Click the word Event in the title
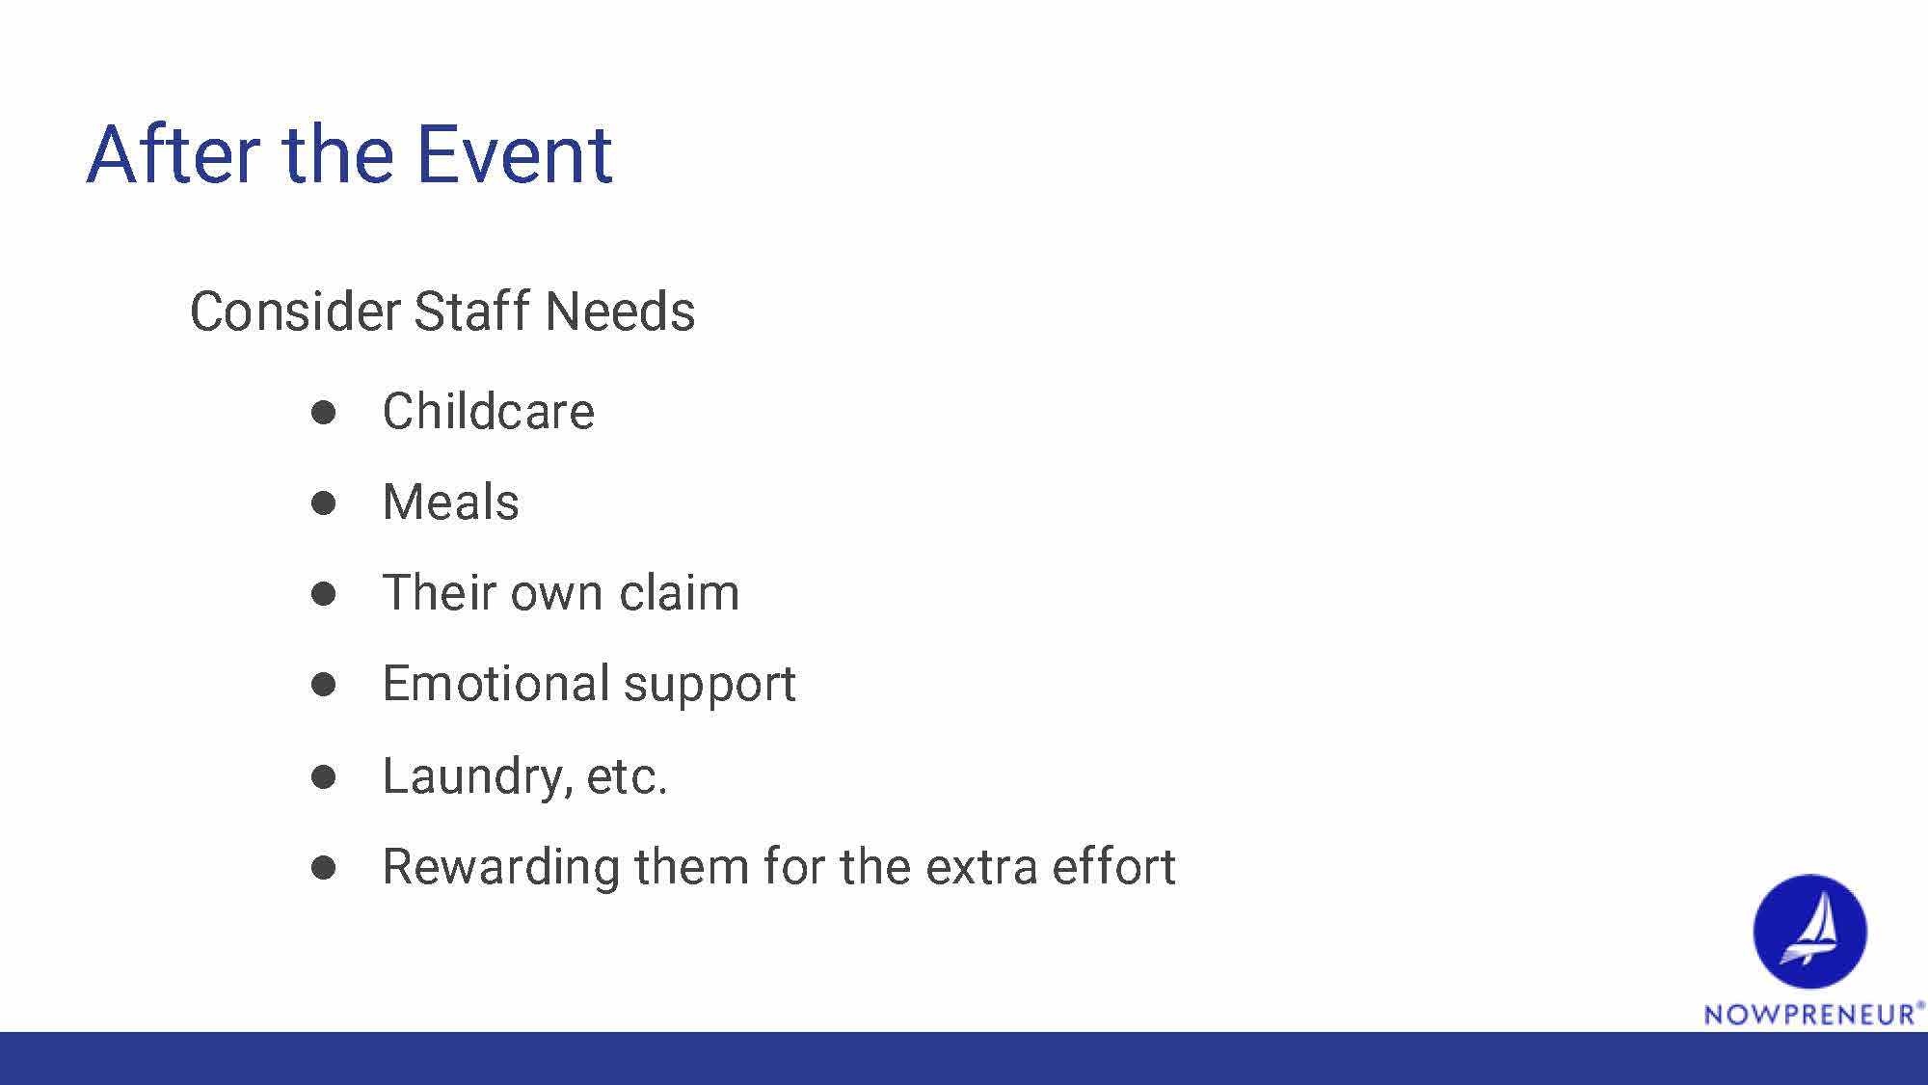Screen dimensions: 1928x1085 click(515, 154)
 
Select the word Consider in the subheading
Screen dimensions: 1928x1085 click(295, 312)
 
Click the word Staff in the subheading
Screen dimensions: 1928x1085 click(472, 311)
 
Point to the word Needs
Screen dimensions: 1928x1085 click(620, 312)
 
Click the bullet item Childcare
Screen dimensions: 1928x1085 click(489, 411)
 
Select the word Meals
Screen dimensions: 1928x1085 click(451, 502)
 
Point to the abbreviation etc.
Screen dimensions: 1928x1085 click(627, 776)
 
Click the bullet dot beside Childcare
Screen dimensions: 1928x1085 click(324, 413)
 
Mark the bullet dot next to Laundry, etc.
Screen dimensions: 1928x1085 click(324, 777)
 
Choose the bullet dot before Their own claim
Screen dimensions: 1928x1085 click(324, 594)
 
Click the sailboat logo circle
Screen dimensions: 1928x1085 click(1809, 931)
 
